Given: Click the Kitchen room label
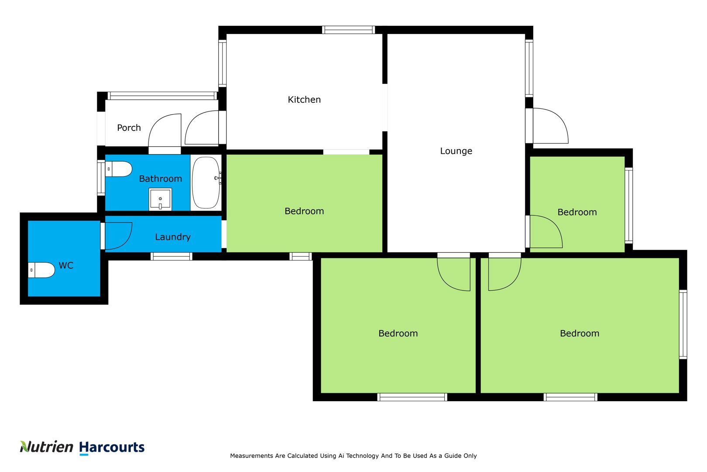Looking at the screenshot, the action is coord(304,100).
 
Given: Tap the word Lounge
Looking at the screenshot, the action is coord(456,151).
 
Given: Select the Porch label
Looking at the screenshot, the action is coord(129,128).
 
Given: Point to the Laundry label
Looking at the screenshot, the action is coord(173,237).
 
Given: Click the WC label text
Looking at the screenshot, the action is coord(66,266).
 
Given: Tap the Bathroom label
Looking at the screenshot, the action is coord(160,179).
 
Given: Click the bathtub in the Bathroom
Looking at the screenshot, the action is coord(206,183).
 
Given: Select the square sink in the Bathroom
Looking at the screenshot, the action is coord(160,199).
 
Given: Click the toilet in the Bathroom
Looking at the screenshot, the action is coord(118,169).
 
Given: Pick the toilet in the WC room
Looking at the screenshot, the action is coord(41,270).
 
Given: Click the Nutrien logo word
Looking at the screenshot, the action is coord(46,447).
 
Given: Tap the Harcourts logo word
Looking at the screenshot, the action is coord(112,448).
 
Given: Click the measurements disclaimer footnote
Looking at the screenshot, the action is coord(353,456).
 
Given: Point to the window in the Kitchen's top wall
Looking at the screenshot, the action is coord(348,30).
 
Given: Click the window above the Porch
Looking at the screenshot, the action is coord(162,96).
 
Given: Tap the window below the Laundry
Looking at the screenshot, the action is coord(172,257).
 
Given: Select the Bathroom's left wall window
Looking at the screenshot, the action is coord(101,178).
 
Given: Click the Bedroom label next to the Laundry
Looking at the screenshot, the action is coord(304,211).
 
